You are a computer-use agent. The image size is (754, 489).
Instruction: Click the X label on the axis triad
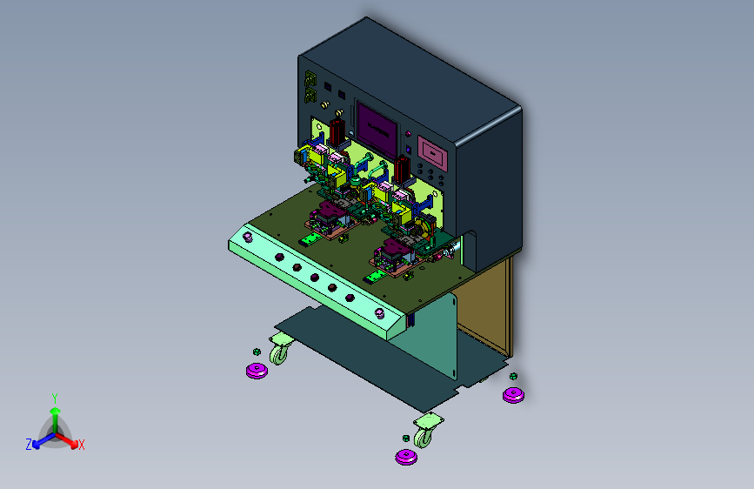[x=82, y=445]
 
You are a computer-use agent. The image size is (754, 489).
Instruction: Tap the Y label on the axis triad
[x=55, y=399]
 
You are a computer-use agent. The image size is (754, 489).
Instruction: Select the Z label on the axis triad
[x=29, y=445]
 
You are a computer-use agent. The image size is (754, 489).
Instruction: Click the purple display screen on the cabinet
[x=377, y=127]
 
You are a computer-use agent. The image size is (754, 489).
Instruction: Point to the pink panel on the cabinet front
[x=432, y=153]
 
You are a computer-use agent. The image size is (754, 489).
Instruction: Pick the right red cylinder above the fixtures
[x=402, y=169]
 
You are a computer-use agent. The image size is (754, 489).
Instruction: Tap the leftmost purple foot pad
[x=257, y=371]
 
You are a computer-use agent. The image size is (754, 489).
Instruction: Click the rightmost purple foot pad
[x=514, y=395]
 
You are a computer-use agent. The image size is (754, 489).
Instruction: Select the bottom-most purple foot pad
[x=406, y=457]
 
